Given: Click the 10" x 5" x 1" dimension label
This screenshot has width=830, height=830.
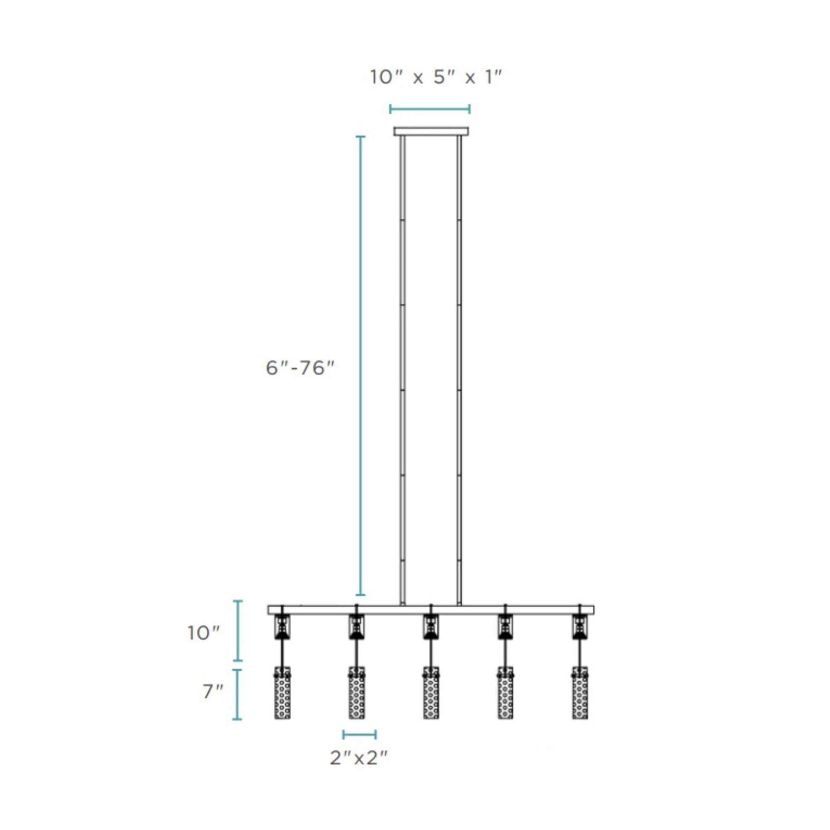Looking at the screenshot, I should [x=435, y=78].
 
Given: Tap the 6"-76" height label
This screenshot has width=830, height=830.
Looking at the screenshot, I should [x=299, y=368].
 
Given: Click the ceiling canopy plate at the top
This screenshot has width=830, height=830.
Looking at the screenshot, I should [x=431, y=131].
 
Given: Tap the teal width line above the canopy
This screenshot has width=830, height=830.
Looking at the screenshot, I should [x=430, y=109].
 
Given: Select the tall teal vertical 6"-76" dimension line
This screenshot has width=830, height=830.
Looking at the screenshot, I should [x=360, y=365].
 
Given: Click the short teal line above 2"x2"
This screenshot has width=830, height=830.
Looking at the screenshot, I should [x=360, y=734].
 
